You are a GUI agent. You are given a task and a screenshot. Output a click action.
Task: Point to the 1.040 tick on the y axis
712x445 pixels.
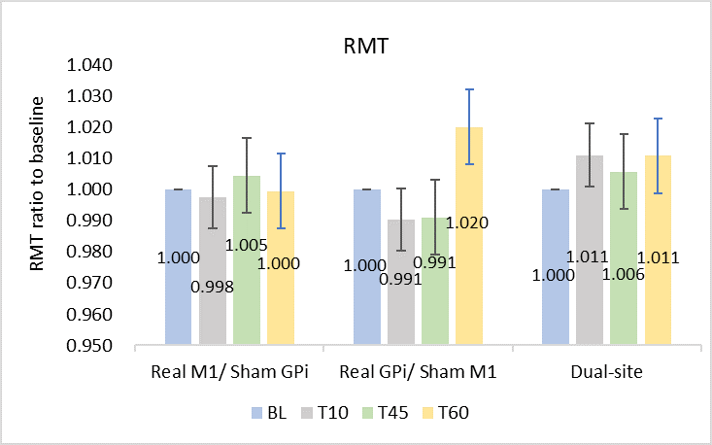coord(87,66)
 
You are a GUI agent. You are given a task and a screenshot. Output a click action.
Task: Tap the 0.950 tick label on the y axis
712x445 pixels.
coord(87,345)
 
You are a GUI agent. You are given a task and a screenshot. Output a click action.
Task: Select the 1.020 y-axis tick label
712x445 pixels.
coord(87,127)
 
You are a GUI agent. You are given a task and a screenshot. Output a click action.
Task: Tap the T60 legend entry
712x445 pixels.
coord(446,412)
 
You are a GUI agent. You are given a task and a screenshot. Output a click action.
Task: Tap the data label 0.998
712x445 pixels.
coord(213,287)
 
